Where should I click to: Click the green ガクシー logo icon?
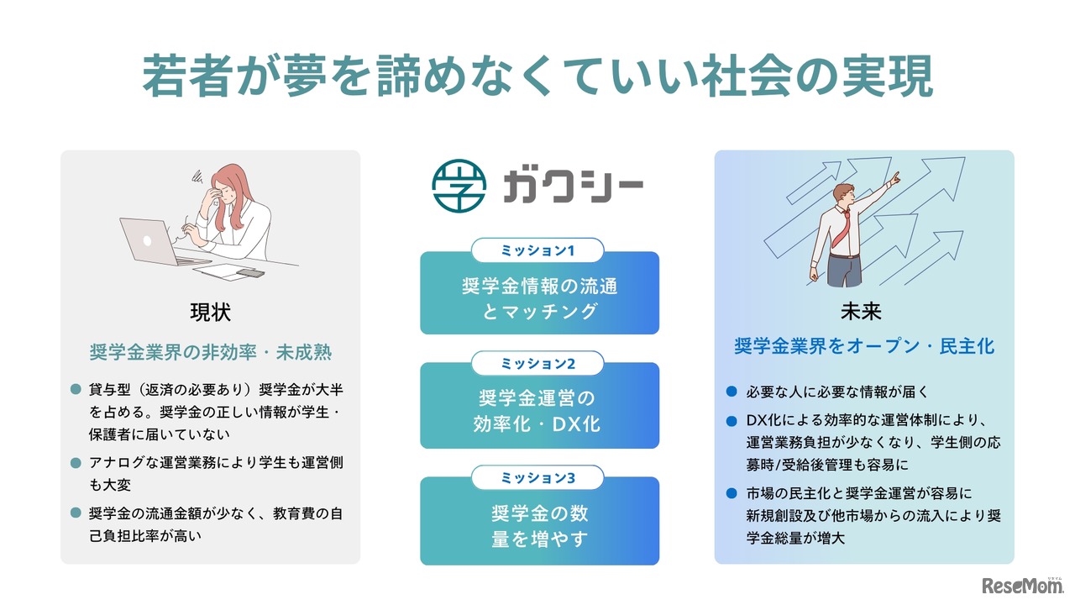click(459, 186)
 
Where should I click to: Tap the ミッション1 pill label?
click(537, 250)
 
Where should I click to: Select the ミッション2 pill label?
click(537, 363)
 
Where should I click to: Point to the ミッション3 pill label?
click(537, 478)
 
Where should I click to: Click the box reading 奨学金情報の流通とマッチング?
click(539, 298)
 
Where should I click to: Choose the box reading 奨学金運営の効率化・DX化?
click(539, 411)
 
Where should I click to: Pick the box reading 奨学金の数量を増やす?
click(539, 526)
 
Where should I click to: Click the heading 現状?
click(210, 313)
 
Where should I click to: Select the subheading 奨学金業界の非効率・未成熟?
click(210, 352)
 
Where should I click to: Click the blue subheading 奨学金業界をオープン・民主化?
click(864, 345)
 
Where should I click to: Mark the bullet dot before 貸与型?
click(75, 390)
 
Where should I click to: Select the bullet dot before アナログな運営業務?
click(75, 463)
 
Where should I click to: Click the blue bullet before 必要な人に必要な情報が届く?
click(731, 392)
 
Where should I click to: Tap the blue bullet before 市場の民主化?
click(731, 492)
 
